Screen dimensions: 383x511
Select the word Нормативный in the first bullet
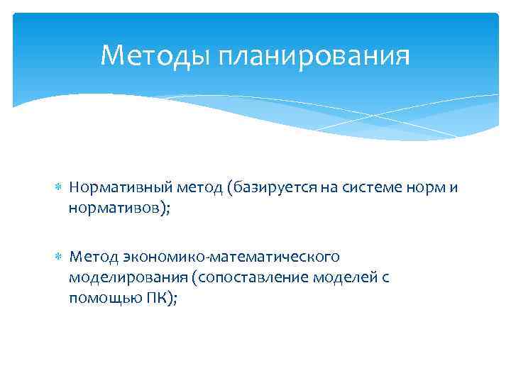click(x=114, y=188)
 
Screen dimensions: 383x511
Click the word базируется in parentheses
click(x=260, y=188)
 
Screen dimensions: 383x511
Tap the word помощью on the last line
click(x=105, y=299)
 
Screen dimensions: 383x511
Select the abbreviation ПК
click(x=158, y=299)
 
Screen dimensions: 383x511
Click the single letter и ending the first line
click(x=452, y=188)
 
